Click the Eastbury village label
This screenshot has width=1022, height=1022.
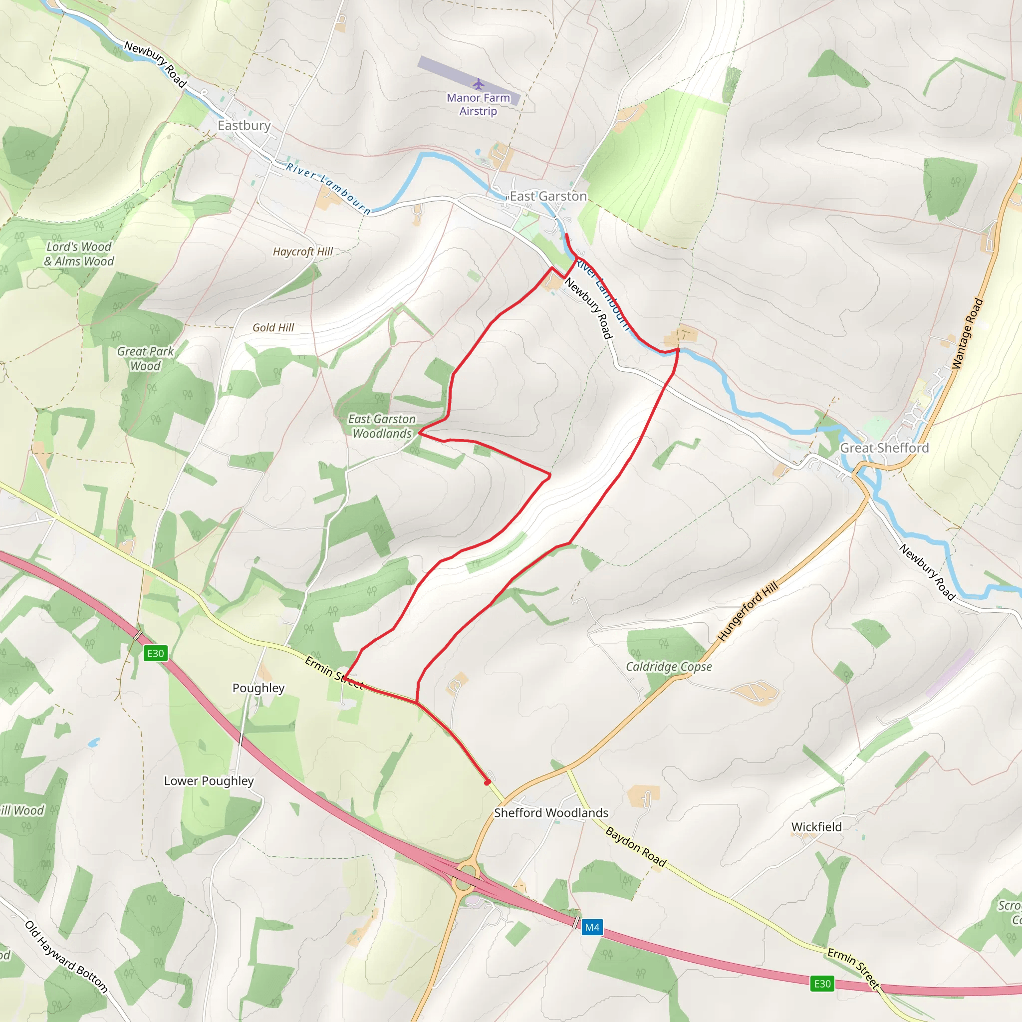tap(244, 125)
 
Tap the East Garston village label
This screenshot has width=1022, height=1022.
tap(548, 196)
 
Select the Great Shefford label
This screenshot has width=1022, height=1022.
tap(884, 448)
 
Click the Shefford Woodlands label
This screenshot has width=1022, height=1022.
tap(551, 812)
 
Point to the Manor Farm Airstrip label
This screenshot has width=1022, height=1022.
tap(478, 104)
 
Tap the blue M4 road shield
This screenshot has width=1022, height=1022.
tap(592, 927)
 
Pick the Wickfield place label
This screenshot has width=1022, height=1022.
tap(816, 827)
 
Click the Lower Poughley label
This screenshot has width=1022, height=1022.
tap(209, 781)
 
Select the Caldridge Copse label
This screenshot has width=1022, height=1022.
tap(669, 667)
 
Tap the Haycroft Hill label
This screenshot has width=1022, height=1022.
tap(302, 252)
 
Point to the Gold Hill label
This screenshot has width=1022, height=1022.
tap(273, 328)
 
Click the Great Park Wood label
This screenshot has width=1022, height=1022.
tap(146, 359)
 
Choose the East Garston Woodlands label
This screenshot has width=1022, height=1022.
tap(382, 426)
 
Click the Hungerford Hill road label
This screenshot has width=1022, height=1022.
tap(748, 611)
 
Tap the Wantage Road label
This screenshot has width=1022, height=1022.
tap(968, 333)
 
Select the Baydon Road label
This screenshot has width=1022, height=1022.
tap(635, 847)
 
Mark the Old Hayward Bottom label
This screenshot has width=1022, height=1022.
tap(67, 957)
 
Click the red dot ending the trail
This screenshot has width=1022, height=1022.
tap(487, 782)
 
